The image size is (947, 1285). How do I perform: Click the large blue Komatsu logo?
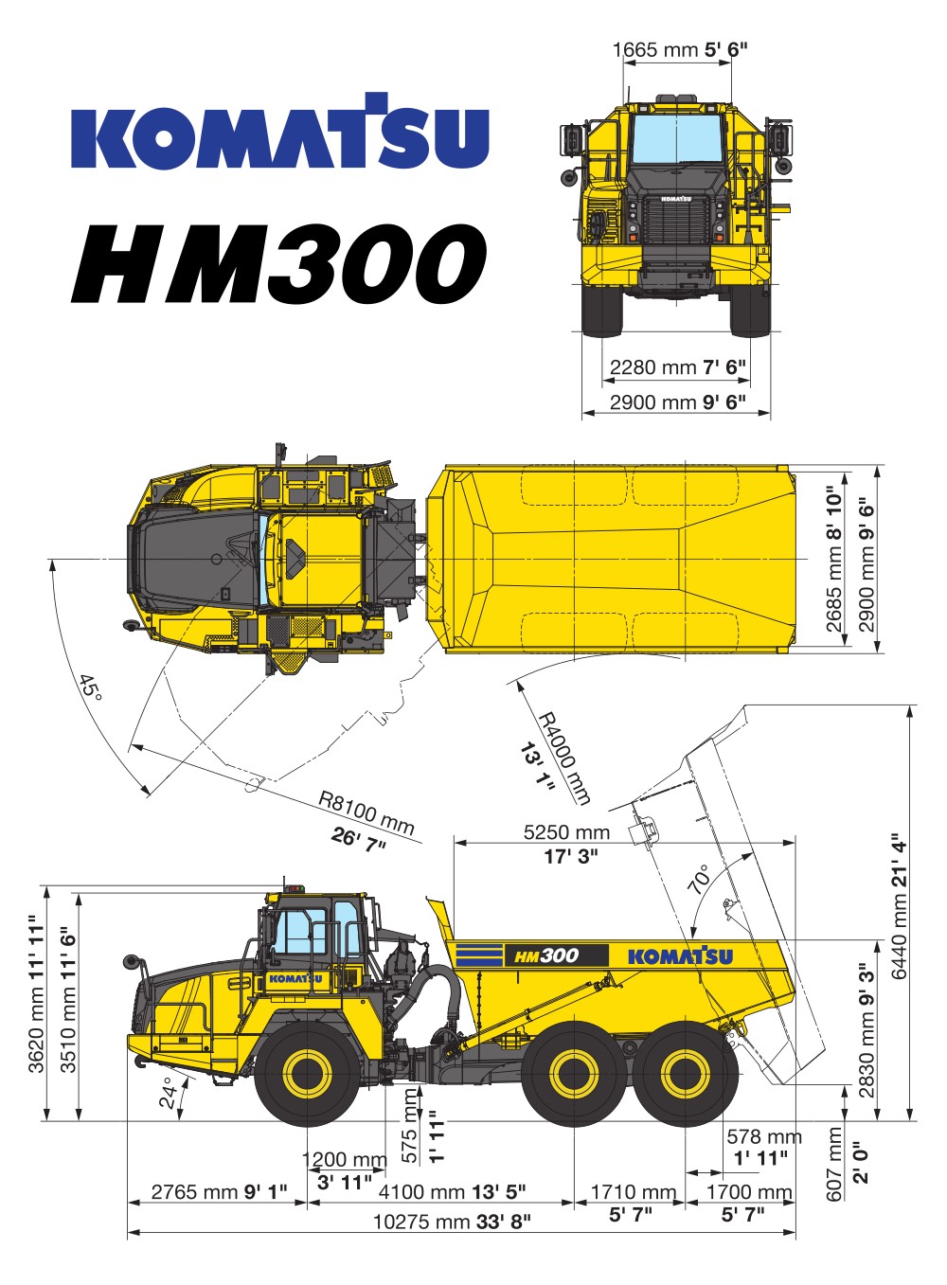[280, 131]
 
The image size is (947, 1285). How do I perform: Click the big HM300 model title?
[278, 264]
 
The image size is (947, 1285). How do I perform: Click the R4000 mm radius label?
[565, 758]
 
